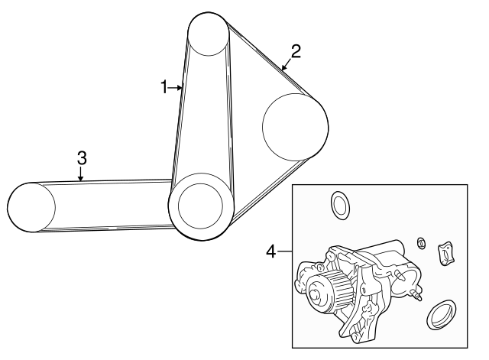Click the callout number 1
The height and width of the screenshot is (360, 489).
click(x=164, y=87)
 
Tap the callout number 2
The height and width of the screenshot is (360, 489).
click(x=296, y=51)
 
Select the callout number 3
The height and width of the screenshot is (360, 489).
click(x=82, y=158)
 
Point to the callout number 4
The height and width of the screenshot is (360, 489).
click(x=271, y=251)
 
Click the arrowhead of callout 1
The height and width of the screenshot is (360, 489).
click(x=180, y=88)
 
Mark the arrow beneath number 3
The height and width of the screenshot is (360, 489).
click(x=81, y=174)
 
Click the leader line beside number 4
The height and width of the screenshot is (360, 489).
click(x=284, y=251)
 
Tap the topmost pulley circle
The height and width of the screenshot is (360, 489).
click(x=209, y=34)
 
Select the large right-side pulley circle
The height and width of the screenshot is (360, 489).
click(x=296, y=127)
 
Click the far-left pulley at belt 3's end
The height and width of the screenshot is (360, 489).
click(x=31, y=207)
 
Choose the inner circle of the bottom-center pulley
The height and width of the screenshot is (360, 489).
click(x=200, y=205)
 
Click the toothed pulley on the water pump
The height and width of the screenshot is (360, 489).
click(x=328, y=289)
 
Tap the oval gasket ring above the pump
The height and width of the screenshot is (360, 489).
click(x=339, y=206)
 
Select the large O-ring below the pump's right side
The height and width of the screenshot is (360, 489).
click(x=442, y=314)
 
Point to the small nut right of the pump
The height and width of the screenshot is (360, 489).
click(x=422, y=243)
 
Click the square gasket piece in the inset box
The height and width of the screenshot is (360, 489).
click(x=446, y=254)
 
